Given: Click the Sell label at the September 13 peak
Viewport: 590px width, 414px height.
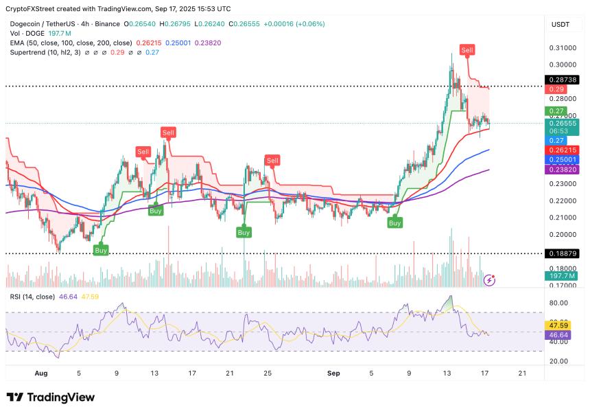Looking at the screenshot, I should click(x=467, y=50).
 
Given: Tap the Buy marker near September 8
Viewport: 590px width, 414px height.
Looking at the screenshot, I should click(x=394, y=222).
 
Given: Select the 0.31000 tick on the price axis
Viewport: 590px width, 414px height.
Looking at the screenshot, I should click(x=561, y=48).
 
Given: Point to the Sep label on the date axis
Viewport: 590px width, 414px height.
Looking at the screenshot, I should click(x=334, y=374).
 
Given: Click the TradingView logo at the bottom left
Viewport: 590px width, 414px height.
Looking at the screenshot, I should click(x=50, y=397).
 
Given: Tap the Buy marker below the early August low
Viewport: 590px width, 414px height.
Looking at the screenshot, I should click(x=101, y=251).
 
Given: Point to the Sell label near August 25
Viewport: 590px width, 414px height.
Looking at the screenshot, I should click(x=272, y=161).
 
